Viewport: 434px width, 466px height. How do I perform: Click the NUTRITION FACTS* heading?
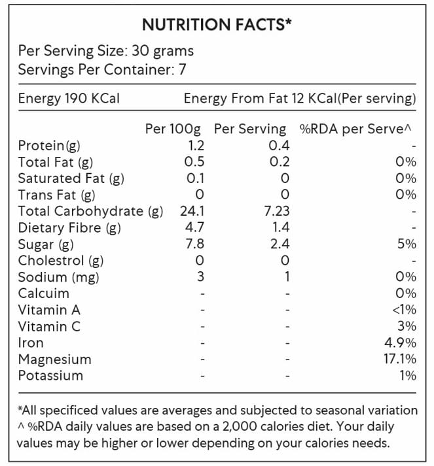[x=217, y=25]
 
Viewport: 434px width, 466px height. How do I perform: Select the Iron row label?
[x=31, y=342]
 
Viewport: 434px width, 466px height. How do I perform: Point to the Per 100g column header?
[x=173, y=129]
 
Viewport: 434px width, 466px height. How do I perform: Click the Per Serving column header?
[x=250, y=129]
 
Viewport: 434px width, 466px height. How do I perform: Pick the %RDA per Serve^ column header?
[x=358, y=129]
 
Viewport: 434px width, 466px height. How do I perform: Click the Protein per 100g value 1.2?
[x=196, y=146]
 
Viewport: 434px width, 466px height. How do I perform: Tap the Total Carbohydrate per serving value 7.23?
[x=276, y=211]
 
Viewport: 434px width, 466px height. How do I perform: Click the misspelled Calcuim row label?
[x=43, y=293]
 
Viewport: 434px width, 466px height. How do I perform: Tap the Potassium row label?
[x=50, y=375]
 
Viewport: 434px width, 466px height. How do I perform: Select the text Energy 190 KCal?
[x=69, y=99]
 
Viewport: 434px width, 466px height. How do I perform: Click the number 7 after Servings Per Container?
[x=183, y=69]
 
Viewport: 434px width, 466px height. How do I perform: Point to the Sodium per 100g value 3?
[x=200, y=276]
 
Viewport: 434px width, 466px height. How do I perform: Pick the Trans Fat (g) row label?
[x=57, y=195]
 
